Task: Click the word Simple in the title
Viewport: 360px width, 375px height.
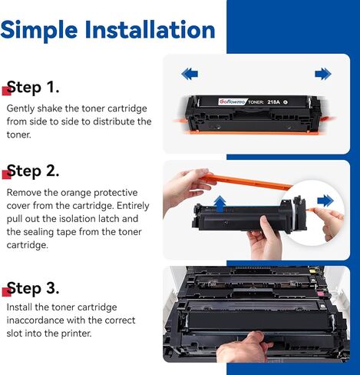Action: (39, 31)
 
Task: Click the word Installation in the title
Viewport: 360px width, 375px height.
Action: (150, 29)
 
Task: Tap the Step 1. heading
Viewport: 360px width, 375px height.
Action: (33, 87)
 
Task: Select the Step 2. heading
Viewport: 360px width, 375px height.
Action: (33, 171)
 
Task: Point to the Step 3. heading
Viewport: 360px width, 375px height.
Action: (33, 288)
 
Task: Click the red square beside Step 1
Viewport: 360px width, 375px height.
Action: (6, 91)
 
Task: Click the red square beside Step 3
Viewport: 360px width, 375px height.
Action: (6, 292)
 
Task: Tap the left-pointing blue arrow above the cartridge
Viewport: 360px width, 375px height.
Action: (190, 74)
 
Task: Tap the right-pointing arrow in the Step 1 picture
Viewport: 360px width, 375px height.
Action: (323, 74)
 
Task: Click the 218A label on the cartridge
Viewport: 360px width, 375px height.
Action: (273, 102)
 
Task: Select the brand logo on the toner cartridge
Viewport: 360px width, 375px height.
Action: (232, 101)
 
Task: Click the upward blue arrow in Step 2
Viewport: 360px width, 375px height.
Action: (220, 204)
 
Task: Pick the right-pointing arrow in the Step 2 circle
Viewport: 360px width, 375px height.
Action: (325, 201)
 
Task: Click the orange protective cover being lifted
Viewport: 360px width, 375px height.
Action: (246, 182)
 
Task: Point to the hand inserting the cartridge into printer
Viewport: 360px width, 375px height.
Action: (243, 347)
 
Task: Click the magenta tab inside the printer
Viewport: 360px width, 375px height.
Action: (320, 294)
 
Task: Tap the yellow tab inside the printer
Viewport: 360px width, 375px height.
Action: (312, 270)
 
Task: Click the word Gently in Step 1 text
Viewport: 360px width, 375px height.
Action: (21, 108)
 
